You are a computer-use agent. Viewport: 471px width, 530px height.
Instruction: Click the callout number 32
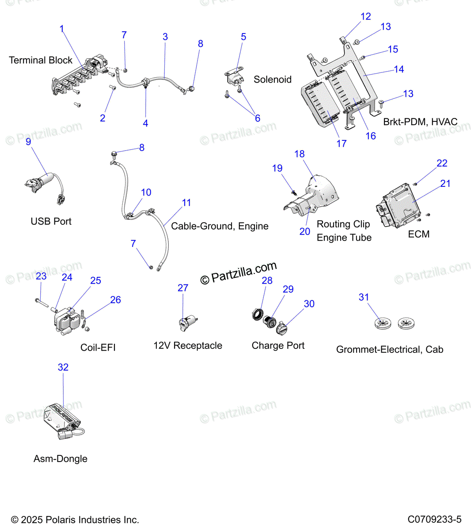[63, 367]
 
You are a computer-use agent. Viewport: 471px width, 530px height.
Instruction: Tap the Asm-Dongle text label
[61, 458]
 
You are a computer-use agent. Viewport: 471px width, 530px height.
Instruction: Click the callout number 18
[300, 154]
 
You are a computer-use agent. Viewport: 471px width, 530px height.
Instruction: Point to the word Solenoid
[273, 79]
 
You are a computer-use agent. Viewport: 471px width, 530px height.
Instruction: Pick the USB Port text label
[51, 221]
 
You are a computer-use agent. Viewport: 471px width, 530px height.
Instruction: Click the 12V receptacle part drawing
[188, 323]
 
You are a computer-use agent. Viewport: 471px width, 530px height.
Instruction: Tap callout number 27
[183, 288]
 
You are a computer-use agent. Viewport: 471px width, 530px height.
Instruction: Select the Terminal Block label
[41, 60]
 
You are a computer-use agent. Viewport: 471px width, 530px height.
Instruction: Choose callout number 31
[364, 297]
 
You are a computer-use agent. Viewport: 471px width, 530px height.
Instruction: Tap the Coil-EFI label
[98, 348]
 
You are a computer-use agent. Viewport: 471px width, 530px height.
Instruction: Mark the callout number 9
[28, 141]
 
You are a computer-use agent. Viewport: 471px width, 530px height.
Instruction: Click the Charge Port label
[278, 345]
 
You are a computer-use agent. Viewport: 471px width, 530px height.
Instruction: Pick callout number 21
[445, 183]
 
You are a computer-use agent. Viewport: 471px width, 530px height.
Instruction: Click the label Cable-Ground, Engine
[220, 226]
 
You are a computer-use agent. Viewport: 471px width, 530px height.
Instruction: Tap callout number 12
[365, 16]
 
